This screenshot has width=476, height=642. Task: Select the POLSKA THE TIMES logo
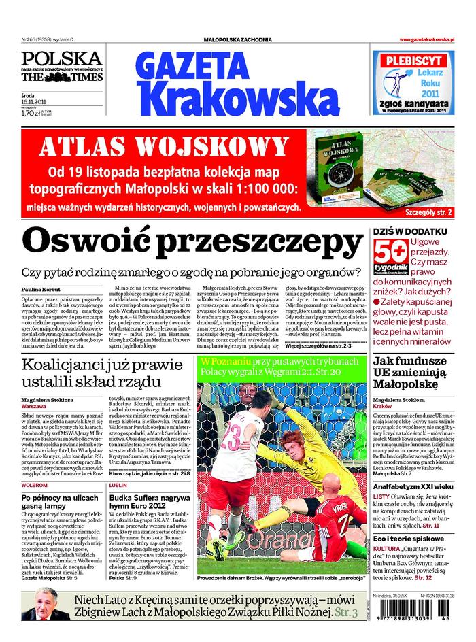coord(61,67)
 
